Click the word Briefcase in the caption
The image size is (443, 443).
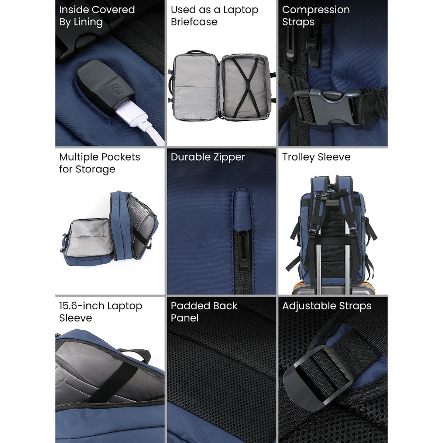coord(194,22)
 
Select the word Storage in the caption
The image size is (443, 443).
coord(96,169)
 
